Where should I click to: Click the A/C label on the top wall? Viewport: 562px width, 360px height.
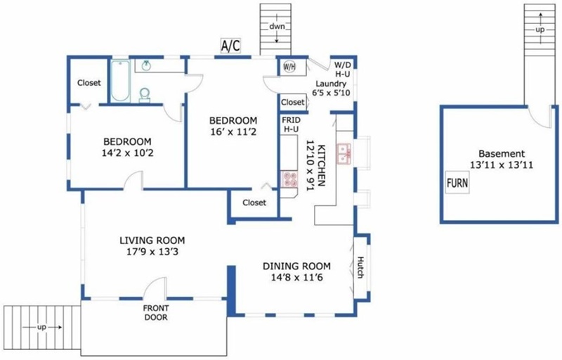tap(230, 46)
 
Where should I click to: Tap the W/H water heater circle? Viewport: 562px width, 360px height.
tap(289, 66)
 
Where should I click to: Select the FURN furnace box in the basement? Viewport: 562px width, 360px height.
tap(457, 183)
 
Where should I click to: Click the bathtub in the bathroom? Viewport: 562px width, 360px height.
tap(120, 81)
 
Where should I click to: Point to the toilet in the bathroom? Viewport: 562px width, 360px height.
tap(145, 95)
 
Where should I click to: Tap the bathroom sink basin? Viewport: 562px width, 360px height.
tap(146, 65)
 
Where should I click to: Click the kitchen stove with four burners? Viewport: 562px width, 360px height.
tap(289, 179)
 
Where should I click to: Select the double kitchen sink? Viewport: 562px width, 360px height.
tap(344, 154)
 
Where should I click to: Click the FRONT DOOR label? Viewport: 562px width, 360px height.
tap(156, 313)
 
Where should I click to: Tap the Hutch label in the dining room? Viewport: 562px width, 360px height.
tap(360, 267)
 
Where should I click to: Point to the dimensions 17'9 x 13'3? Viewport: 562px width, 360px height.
tap(152, 252)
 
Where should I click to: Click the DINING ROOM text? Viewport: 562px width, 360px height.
tap(296, 266)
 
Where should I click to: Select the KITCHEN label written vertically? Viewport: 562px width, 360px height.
tap(322, 165)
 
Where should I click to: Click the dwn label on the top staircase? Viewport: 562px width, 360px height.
tap(277, 26)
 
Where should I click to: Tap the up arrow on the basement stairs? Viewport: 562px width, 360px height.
tap(540, 18)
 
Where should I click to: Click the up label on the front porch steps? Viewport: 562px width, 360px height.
tap(42, 328)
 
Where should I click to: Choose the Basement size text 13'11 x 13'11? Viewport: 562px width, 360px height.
tap(502, 165)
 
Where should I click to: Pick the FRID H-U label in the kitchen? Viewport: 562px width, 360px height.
tap(291, 124)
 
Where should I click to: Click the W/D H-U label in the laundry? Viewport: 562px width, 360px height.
tap(342, 70)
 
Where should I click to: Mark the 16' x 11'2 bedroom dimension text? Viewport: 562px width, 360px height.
tap(233, 132)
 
